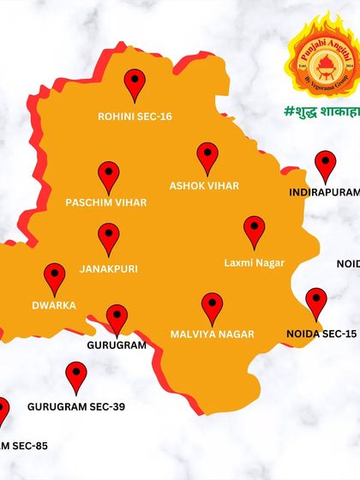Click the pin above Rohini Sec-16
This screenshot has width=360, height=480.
point(135,85)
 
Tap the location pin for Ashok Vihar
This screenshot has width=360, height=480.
point(207,157)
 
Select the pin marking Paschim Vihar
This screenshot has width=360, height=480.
point(108,176)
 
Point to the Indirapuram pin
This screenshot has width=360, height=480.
point(325,165)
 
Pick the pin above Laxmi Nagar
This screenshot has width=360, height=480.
point(254,231)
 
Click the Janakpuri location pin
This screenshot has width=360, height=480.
point(108,237)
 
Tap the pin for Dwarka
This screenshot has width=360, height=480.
point(55,277)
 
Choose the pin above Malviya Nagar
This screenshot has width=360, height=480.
point(212,307)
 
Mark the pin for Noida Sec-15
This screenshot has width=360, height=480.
point(316,303)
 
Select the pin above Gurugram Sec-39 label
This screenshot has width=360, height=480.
point(76,376)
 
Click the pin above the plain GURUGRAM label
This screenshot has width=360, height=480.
point(117,318)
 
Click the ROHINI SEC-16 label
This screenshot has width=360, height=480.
point(135,116)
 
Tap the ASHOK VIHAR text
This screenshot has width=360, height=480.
point(204,185)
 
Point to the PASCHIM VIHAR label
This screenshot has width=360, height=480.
point(106,203)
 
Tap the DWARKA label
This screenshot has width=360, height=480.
point(54,305)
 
